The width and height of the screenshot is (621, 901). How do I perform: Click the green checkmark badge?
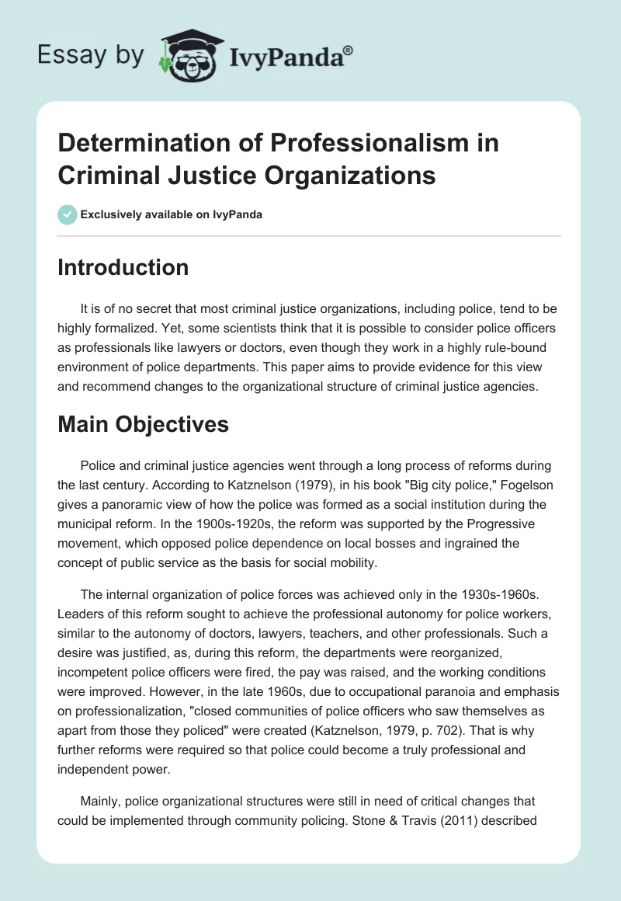coord(68,214)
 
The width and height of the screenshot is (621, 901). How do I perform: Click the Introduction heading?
coord(123,267)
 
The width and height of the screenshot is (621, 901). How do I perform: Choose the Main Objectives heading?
coord(143,425)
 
